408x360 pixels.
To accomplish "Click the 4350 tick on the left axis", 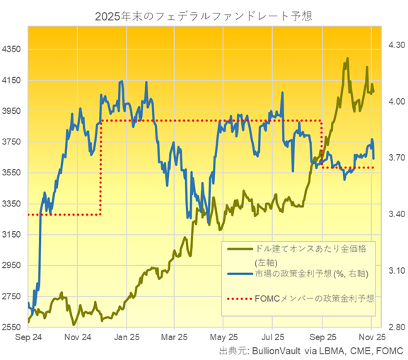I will pyautogui.click(x=14, y=50).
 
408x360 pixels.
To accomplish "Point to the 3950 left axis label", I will pyautogui.click(x=14, y=111).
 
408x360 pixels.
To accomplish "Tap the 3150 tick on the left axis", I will pyautogui.click(x=14, y=235).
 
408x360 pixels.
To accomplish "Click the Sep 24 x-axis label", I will pyautogui.click(x=28, y=337).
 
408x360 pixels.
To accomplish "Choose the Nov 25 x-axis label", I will pyautogui.click(x=371, y=337).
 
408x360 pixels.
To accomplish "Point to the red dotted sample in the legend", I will pyautogui.click(x=238, y=298).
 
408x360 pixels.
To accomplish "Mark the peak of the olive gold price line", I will pyautogui.click(x=346, y=60).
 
